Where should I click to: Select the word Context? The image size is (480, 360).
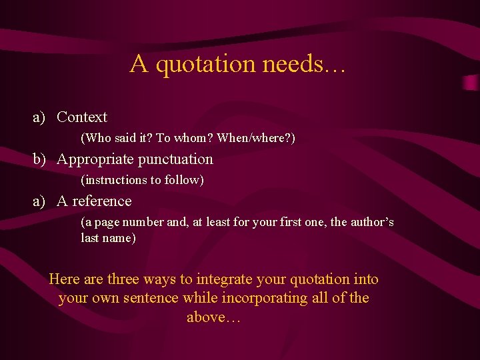(82, 117)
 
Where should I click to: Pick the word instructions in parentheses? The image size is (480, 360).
(113, 180)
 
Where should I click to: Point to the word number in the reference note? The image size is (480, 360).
(144, 222)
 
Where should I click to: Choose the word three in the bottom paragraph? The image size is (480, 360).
(128, 279)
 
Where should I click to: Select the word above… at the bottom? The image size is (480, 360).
(213, 317)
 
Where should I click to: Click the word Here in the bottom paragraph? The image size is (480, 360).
(64, 279)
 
